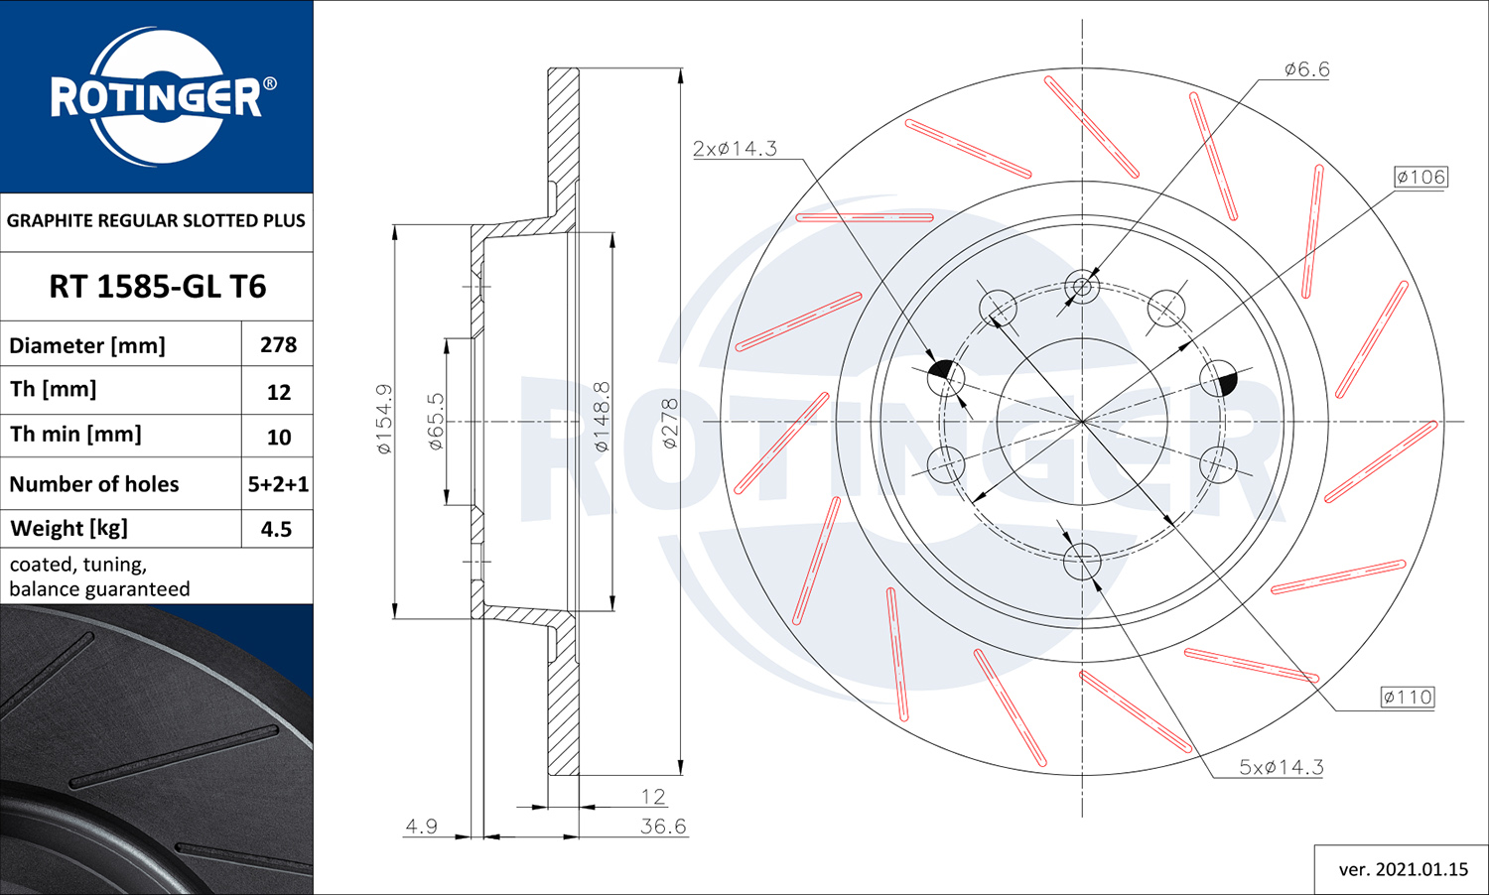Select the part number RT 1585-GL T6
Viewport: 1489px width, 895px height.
click(158, 287)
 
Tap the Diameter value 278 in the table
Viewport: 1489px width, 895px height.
click(279, 344)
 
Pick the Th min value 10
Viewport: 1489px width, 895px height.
click(279, 437)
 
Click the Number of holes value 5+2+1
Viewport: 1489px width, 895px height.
click(278, 483)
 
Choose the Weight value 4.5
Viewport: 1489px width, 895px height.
click(277, 529)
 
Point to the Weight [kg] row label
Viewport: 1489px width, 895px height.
click(69, 528)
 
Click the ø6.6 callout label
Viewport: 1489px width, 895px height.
click(1306, 69)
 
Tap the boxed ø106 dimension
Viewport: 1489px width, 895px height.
click(1421, 177)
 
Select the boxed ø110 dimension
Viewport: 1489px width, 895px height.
click(1408, 697)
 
